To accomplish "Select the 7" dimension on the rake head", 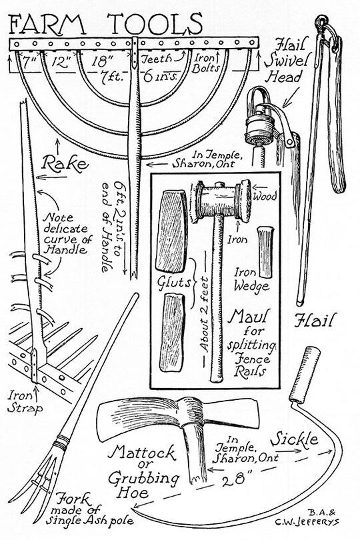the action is coord(29,63).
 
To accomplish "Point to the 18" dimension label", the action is coord(102,62).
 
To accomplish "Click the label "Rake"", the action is coord(65,163).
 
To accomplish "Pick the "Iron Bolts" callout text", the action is coord(205,63).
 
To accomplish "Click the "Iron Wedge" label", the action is coord(251,279).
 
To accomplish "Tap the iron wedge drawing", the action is coord(265,252).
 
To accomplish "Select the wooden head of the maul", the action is coord(223,201).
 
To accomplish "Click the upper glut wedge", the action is coord(171,231).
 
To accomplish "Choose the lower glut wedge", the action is coord(172,333).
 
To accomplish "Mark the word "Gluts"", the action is coord(174,282).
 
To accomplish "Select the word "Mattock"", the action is coord(142,453).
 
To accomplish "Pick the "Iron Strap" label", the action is coord(25,401).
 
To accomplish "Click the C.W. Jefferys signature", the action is coord(307,522).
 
